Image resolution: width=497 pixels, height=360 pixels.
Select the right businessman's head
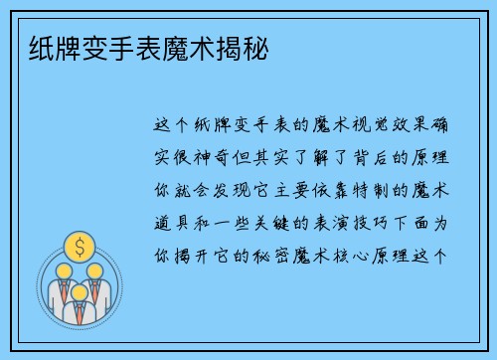pos(95,270)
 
